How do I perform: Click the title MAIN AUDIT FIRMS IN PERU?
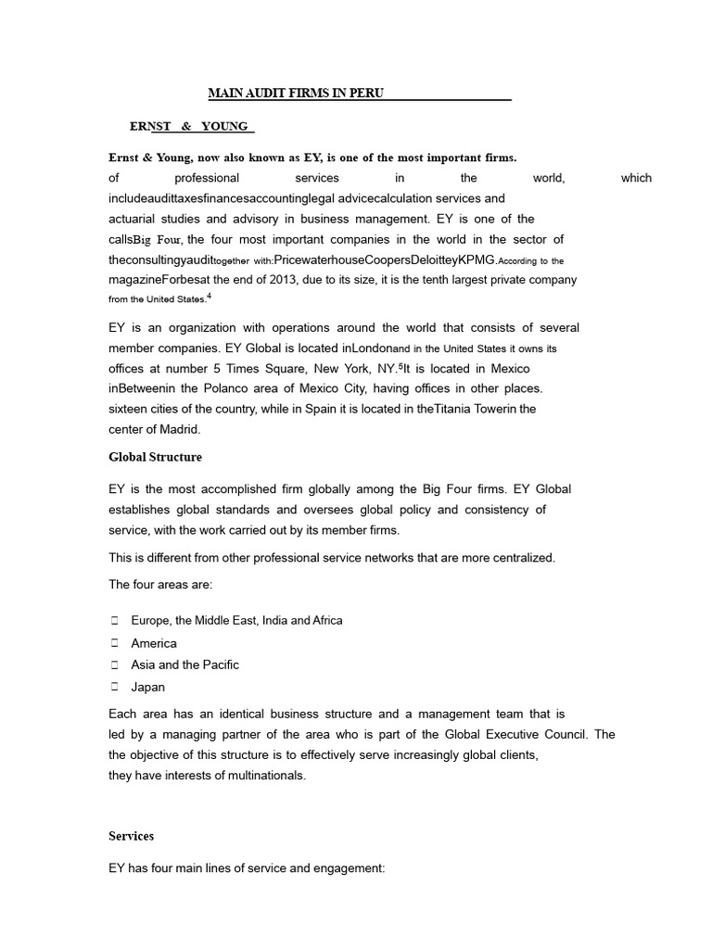tap(295, 94)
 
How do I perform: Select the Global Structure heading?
tap(155, 457)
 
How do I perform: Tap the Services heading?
tap(131, 836)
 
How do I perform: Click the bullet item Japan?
tap(148, 687)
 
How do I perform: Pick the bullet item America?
tap(154, 642)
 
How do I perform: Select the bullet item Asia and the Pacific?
tap(184, 664)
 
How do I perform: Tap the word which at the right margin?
tap(636, 178)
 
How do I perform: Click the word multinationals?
tap(248, 775)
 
